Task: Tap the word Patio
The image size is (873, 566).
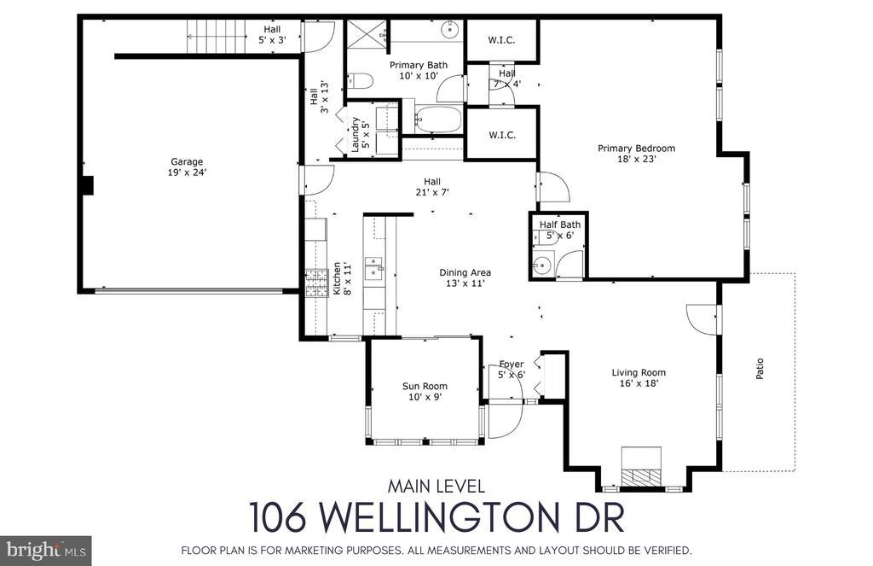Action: click(x=760, y=369)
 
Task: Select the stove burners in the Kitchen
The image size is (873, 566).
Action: click(x=315, y=283)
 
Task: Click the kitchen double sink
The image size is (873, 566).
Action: click(x=373, y=269)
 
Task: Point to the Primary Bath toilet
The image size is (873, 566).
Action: click(x=360, y=82)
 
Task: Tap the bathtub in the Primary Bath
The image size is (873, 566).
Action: click(x=438, y=120)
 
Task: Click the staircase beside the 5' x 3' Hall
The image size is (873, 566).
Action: click(x=216, y=36)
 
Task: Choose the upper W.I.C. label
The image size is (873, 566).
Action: click(x=501, y=40)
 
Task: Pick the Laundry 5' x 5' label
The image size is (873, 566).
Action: click(x=361, y=135)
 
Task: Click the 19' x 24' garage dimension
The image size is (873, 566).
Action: click(x=187, y=172)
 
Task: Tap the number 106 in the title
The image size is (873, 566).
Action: click(x=277, y=517)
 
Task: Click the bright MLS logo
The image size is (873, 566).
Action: click(x=46, y=551)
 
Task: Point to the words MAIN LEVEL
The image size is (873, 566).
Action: click(x=436, y=487)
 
